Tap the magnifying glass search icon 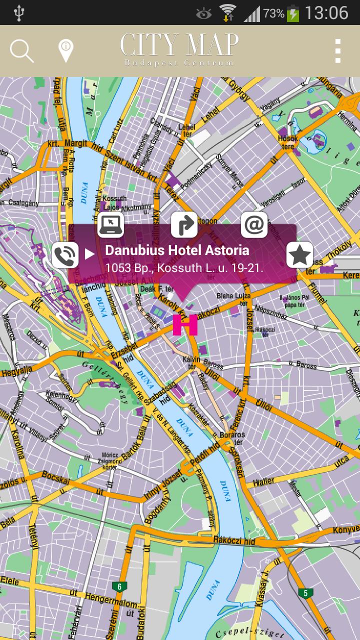coord(21,51)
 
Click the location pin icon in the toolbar coord(65,51)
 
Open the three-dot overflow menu coord(338,51)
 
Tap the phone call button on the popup coord(65,255)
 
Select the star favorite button coord(299,255)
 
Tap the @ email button coord(254,225)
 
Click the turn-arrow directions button coord(184,225)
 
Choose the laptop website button coord(110,225)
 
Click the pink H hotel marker coord(185,325)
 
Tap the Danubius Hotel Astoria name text coord(177,250)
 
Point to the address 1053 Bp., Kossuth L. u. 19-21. coord(183,268)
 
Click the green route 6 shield coord(119,586)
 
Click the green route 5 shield coord(305,593)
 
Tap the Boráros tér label coord(232,438)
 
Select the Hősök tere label coord(288,142)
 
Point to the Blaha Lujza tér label coord(233,299)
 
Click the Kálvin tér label coord(191,362)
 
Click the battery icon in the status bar coord(293,13)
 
